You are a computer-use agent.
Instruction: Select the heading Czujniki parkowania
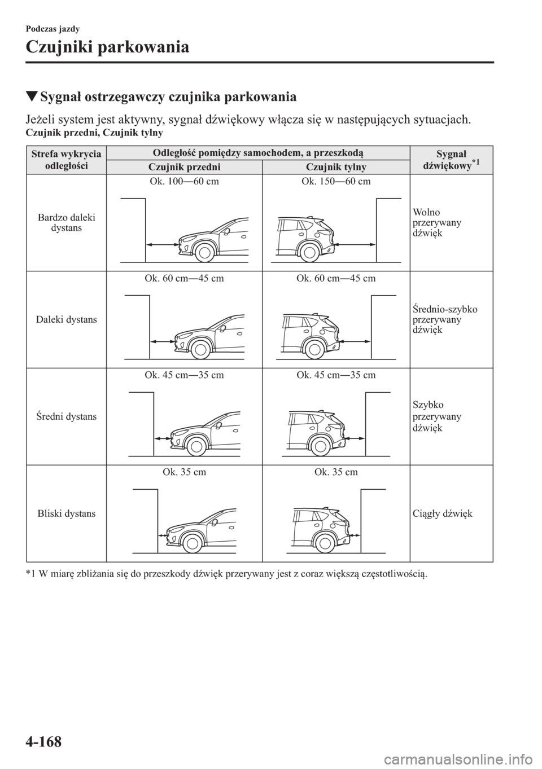107,47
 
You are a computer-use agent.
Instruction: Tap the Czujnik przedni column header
184,167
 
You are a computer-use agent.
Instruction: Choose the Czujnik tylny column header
336,167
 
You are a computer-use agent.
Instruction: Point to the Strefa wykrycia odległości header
66,160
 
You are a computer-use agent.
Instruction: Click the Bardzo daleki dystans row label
66,222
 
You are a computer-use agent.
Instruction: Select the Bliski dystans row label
66,513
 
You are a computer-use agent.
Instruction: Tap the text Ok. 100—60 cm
185,181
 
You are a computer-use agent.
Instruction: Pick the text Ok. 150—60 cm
336,181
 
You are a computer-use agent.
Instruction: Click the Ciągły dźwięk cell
443,513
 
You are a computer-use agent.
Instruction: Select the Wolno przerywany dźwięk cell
436,222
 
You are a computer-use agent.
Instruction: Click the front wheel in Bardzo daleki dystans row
206,252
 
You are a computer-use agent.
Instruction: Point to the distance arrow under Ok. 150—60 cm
354,244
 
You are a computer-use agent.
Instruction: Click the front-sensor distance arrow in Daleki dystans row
163,341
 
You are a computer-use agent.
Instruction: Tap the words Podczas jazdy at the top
53,29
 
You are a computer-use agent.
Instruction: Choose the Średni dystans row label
66,416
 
